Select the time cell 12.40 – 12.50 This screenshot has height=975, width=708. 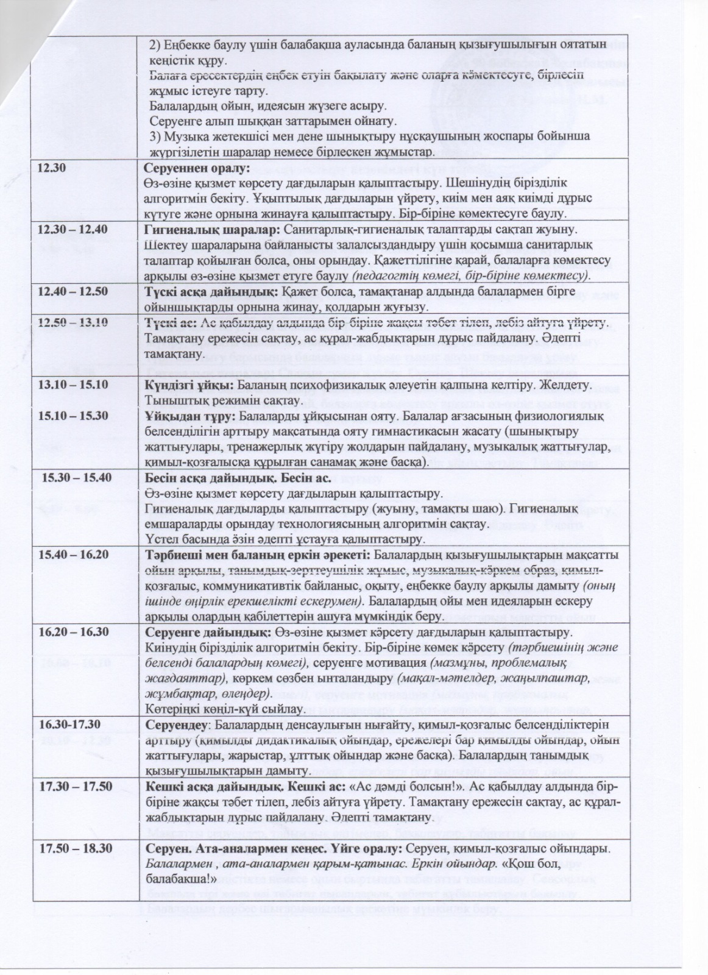click(x=74, y=291)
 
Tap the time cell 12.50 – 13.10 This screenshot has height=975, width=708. click(x=74, y=322)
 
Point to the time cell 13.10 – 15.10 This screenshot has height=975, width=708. click(x=74, y=385)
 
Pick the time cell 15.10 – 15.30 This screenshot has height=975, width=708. click(x=74, y=415)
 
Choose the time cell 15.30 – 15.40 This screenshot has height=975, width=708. click(x=77, y=477)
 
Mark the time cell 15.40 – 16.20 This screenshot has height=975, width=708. click(x=74, y=555)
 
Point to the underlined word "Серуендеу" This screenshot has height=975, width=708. click(x=175, y=725)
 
